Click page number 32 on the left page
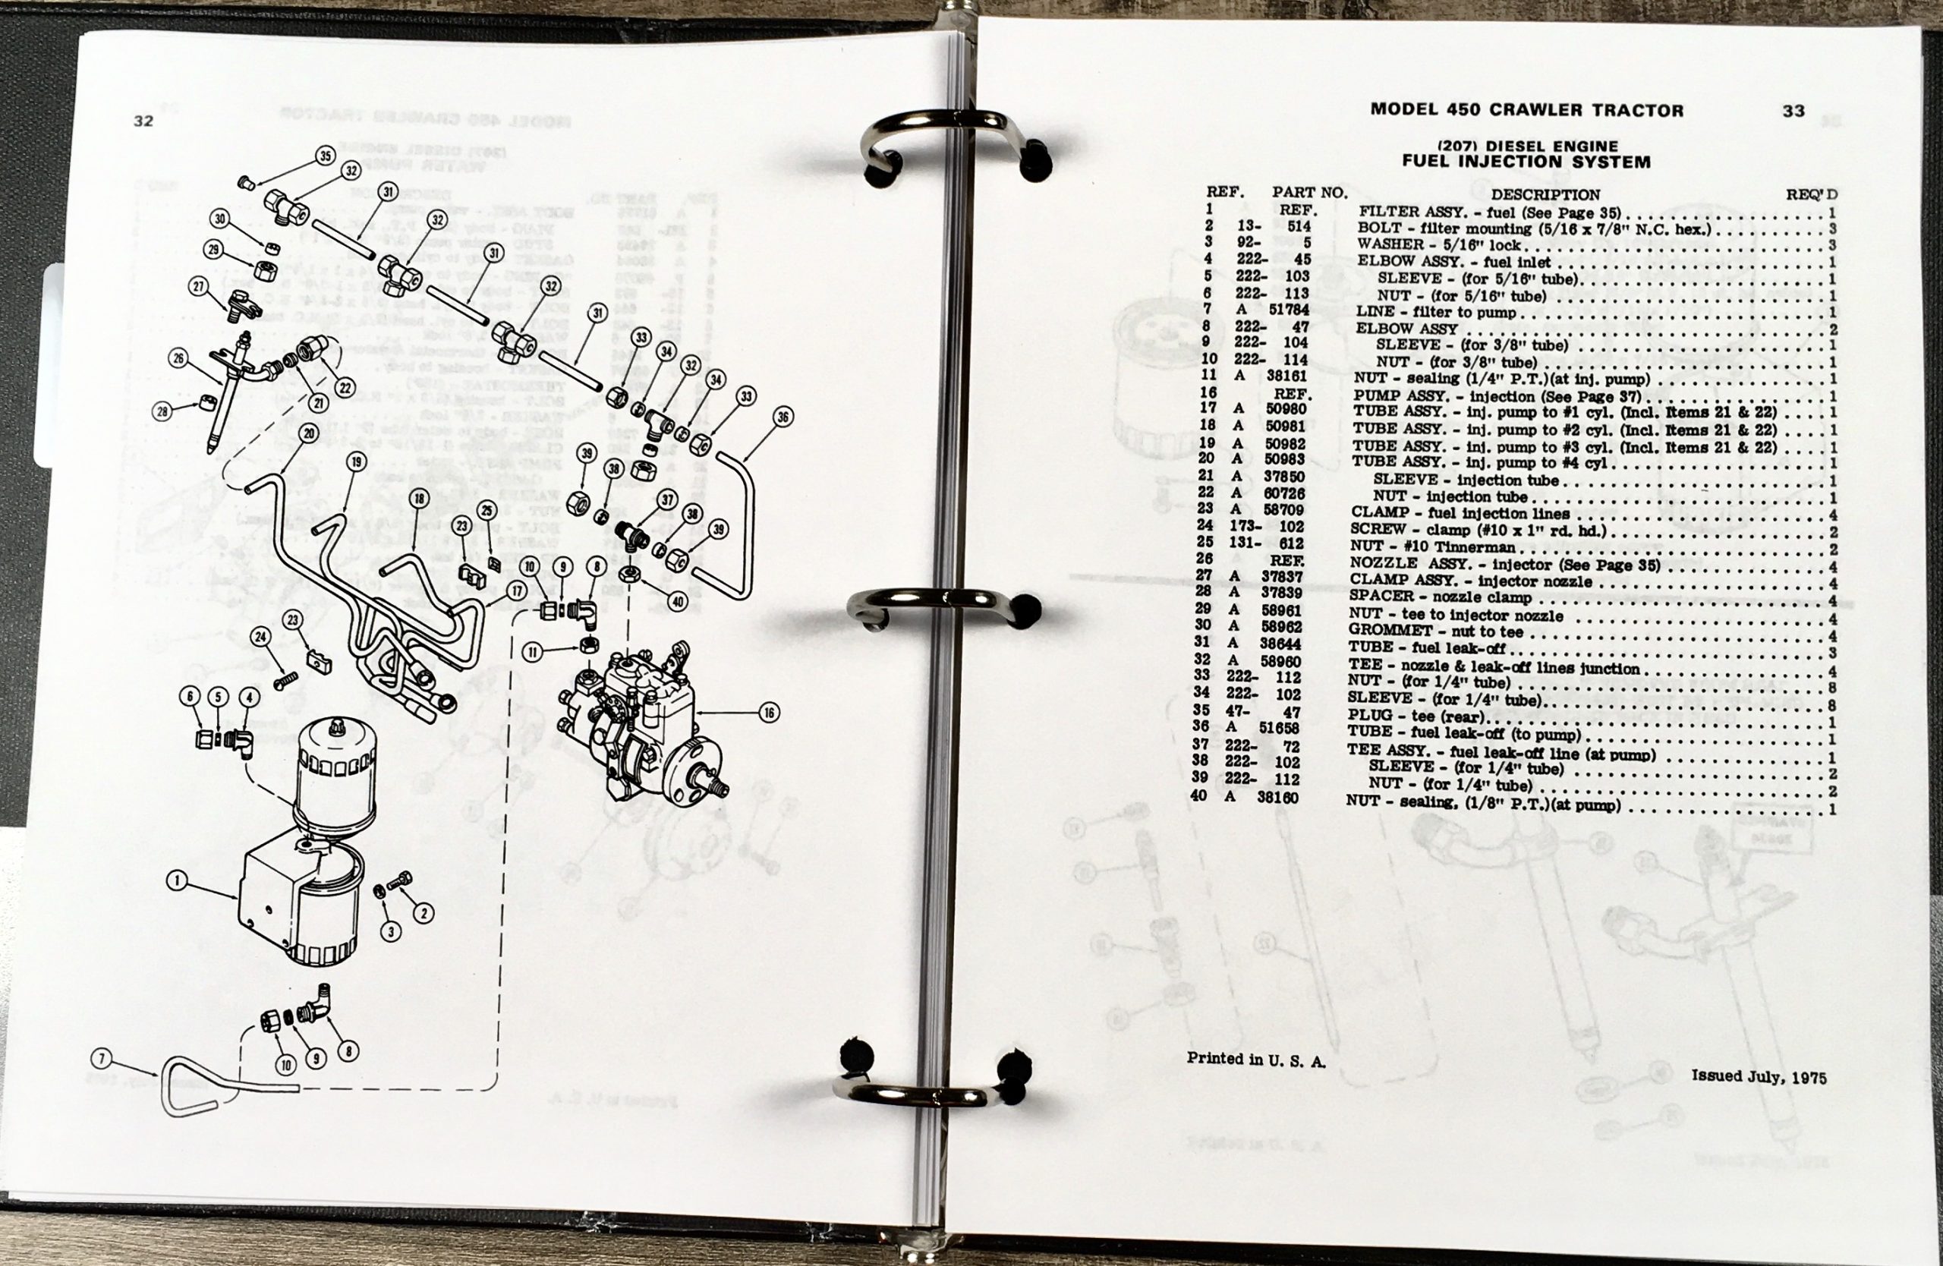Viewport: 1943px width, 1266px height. coord(143,121)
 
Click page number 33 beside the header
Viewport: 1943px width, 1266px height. coord(1793,110)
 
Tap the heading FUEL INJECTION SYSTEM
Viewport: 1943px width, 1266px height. coord(1526,162)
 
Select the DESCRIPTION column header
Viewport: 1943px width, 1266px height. coord(1545,195)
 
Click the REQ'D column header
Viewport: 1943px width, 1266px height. coord(1812,194)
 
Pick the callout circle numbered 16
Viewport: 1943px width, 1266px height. coord(768,713)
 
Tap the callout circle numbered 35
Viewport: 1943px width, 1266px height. coord(325,155)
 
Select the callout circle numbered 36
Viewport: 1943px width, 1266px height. coord(782,417)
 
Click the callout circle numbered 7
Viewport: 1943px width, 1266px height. coord(101,1060)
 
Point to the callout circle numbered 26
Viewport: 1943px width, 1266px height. coord(179,357)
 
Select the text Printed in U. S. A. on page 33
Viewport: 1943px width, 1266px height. coord(1255,1060)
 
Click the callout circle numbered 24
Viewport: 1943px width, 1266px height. coord(260,637)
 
